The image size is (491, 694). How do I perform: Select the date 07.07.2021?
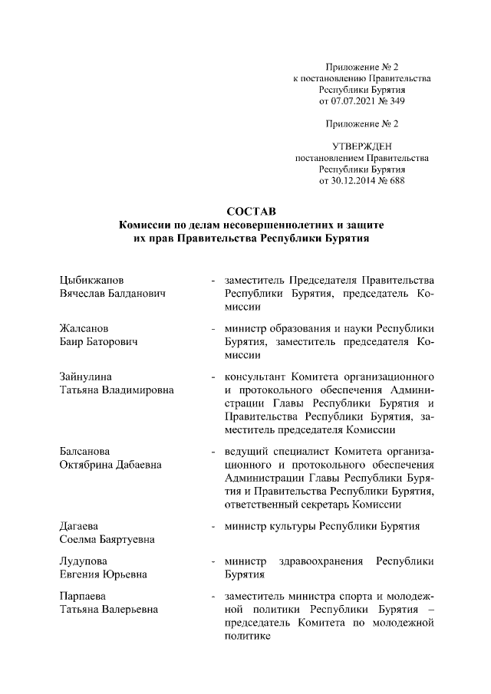coord(354,100)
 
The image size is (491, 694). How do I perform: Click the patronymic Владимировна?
coord(136,390)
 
